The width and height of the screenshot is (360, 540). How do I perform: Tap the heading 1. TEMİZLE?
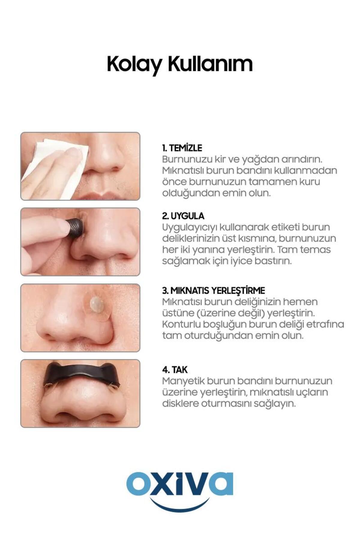coord(182,148)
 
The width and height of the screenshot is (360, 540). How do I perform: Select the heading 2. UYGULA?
coord(183,216)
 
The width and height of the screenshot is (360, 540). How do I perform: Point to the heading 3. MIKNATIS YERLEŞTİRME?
coord(214,290)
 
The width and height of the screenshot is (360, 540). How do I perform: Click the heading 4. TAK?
coord(175,370)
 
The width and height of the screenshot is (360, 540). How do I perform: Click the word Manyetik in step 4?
coord(183,381)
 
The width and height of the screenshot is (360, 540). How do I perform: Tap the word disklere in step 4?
coord(180,403)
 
